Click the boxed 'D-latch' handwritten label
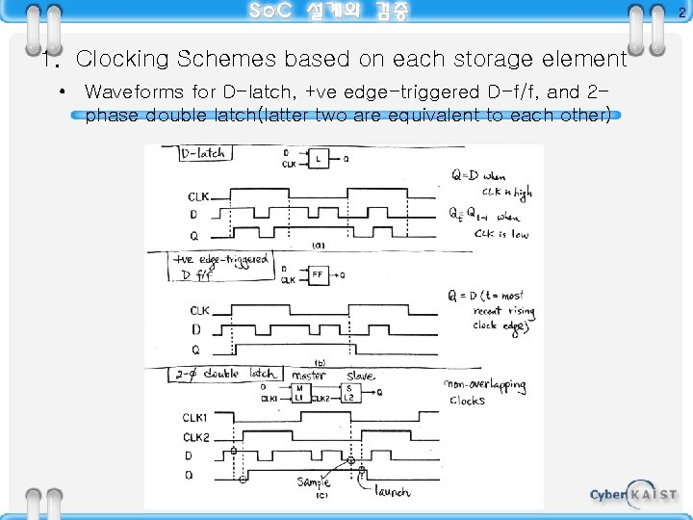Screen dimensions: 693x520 (x=203, y=153)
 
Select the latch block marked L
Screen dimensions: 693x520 (x=319, y=159)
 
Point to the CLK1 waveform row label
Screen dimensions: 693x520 (x=195, y=417)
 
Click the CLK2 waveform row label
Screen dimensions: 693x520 (x=195, y=436)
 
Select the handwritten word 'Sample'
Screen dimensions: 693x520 (x=313, y=481)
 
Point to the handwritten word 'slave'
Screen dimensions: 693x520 (x=360, y=375)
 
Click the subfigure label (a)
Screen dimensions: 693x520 (x=318, y=246)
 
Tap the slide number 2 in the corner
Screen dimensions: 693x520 (x=681, y=13)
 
